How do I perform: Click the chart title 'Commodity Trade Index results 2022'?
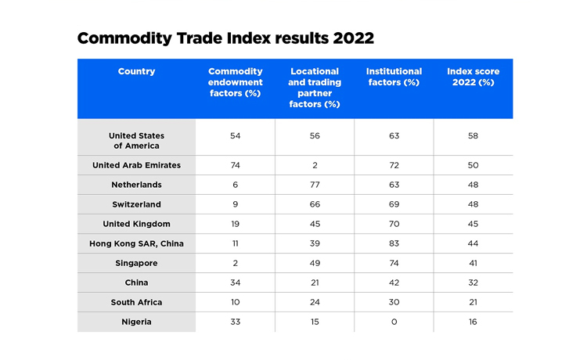(225, 38)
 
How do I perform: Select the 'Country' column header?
(136, 72)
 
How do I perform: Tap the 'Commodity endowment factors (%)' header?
(235, 82)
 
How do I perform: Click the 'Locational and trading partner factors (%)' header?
(315, 88)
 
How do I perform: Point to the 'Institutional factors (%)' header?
(394, 77)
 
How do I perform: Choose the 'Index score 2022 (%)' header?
(473, 77)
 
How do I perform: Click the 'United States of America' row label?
(136, 141)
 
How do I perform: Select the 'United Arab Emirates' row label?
(136, 165)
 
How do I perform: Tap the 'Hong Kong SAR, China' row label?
(136, 243)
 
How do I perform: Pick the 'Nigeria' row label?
(136, 322)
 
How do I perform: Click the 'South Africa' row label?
(136, 302)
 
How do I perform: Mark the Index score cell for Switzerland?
(473, 204)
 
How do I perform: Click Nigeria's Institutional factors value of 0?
(394, 322)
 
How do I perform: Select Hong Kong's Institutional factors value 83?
(394, 243)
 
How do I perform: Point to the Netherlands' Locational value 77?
(315, 185)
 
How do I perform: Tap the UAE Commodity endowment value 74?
(235, 165)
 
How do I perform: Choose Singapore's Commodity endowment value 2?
(235, 263)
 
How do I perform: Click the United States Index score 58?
(473, 136)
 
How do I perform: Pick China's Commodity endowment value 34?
(235, 283)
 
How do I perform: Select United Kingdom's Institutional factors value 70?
(394, 224)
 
